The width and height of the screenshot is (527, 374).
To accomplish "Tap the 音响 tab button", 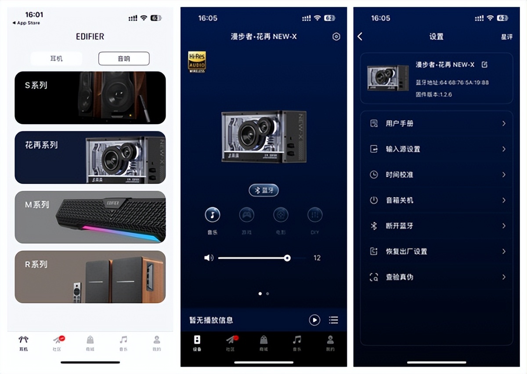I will coord(124,58).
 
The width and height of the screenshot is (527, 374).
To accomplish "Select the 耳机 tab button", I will coord(56,58).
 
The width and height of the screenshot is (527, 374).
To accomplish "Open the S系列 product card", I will coord(90,97).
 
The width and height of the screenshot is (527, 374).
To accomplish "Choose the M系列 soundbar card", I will coord(90,217).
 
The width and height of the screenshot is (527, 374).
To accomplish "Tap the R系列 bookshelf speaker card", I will coord(90,277).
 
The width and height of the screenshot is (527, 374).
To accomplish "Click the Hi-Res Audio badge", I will coord(197,61).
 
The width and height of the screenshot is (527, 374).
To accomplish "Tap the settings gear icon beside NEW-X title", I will coord(336,37).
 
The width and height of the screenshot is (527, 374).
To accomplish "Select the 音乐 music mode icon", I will coord(213,215).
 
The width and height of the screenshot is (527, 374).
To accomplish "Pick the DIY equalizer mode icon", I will coord(314,215).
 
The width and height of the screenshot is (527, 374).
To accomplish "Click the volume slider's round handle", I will coord(287,258).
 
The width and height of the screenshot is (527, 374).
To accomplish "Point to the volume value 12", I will coord(317,258).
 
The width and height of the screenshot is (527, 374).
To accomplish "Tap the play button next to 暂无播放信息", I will coord(314,320).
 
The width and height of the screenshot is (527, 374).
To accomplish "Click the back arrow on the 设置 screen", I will coord(360,36).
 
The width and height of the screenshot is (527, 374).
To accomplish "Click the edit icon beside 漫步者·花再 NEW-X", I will coord(484,65).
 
